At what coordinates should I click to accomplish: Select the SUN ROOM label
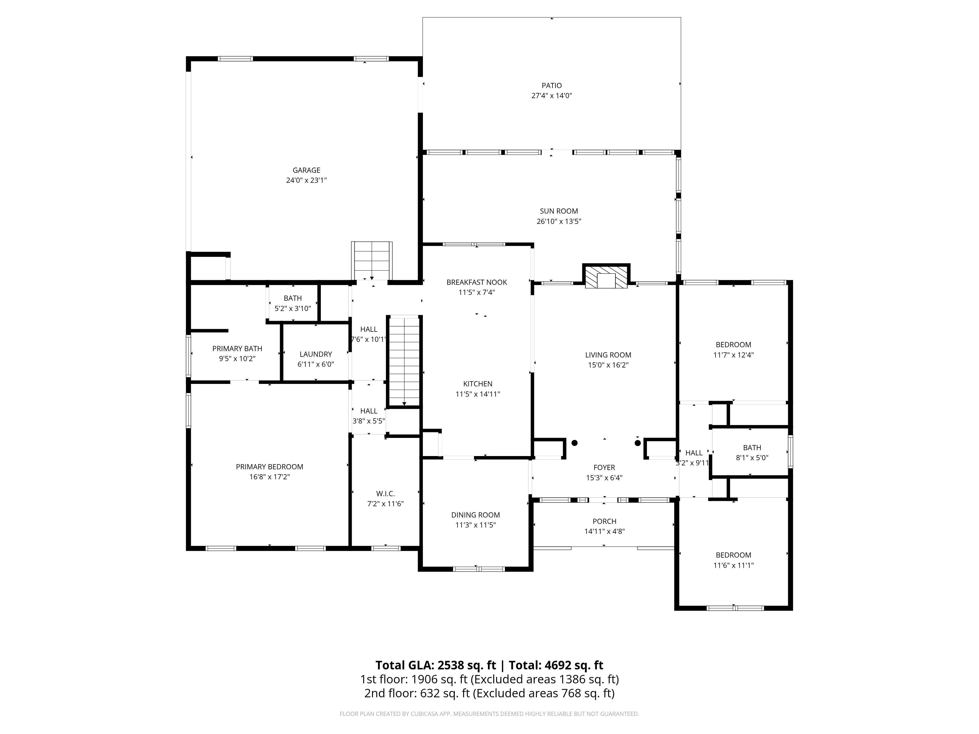559,211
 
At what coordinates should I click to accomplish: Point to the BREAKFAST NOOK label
477,282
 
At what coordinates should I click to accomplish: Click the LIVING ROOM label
608,355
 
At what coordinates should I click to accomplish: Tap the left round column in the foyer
574,442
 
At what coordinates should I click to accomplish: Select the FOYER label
604,468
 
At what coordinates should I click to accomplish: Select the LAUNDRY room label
315,354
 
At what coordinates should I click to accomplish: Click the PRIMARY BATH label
237,349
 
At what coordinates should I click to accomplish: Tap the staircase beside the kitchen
404,361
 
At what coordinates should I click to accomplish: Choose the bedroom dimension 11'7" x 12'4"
733,355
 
